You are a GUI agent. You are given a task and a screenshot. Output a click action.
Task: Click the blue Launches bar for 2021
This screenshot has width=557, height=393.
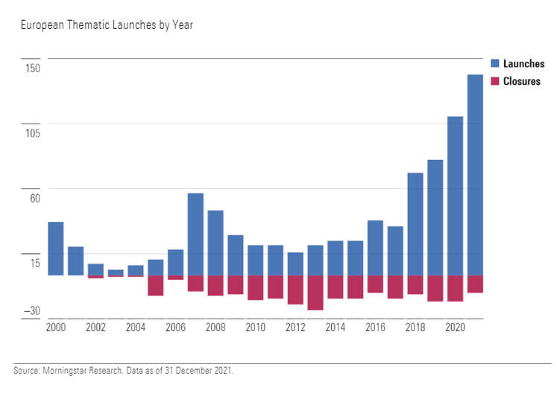(475, 175)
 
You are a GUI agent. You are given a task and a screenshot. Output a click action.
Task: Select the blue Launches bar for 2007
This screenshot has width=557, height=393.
(195, 234)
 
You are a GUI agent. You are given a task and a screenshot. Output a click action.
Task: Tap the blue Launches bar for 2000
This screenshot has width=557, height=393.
(55, 249)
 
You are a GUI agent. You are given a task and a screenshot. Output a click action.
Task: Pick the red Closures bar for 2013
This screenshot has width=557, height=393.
(315, 293)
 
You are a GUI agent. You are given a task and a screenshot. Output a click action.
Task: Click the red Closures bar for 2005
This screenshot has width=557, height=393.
(155, 285)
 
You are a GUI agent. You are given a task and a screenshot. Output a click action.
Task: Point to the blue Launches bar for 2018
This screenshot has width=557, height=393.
(415, 224)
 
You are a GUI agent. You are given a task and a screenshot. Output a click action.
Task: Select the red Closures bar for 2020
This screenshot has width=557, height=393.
(455, 288)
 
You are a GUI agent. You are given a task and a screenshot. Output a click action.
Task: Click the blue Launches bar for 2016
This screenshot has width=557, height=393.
(375, 248)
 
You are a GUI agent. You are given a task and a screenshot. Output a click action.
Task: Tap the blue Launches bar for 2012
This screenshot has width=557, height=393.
(295, 263)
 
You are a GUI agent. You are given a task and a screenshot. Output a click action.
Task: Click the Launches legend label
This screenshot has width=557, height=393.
(523, 64)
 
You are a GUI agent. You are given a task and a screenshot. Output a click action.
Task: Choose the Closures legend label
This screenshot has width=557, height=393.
(521, 81)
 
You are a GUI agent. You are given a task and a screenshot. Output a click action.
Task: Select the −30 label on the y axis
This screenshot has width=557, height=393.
(31, 311)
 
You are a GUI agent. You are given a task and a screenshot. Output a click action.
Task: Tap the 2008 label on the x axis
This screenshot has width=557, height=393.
(215, 327)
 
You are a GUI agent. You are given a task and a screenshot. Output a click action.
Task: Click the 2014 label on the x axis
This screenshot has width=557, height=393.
(336, 327)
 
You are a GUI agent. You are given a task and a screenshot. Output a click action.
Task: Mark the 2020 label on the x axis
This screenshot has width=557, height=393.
(455, 327)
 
